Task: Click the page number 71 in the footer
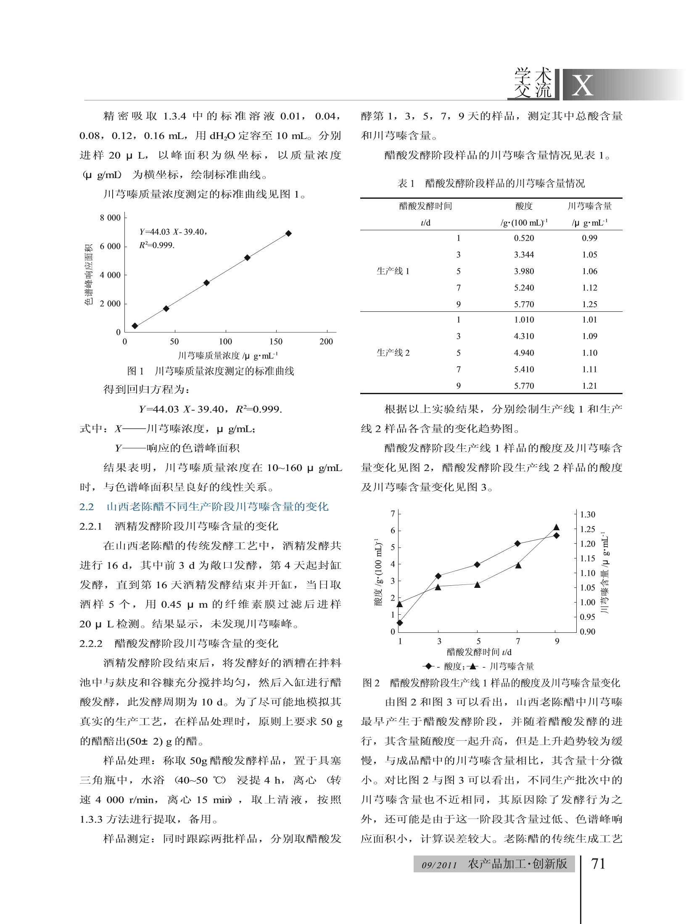pos(598,864)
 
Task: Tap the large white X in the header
pos(582,85)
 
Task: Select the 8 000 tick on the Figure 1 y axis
pos(110,218)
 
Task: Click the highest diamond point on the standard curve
pos(288,233)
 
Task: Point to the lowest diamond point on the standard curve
pos(135,326)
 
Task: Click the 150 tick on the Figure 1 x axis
pos(276,342)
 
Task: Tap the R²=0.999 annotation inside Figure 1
pos(157,245)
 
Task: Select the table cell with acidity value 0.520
pos(524,238)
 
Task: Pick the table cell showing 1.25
pos(589,304)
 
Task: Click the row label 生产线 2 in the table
pos(393,353)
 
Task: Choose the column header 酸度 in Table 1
pos(524,206)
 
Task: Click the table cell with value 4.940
pos(524,353)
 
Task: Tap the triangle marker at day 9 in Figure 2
pos(557,527)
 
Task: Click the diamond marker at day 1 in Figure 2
pos(400,623)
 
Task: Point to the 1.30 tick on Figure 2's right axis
pos(588,515)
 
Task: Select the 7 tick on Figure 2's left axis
pos(393,513)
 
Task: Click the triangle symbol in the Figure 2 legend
pos(473,666)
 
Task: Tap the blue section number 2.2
pos(87,507)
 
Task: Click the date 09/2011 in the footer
pos(439,865)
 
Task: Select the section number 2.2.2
pos(91,644)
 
